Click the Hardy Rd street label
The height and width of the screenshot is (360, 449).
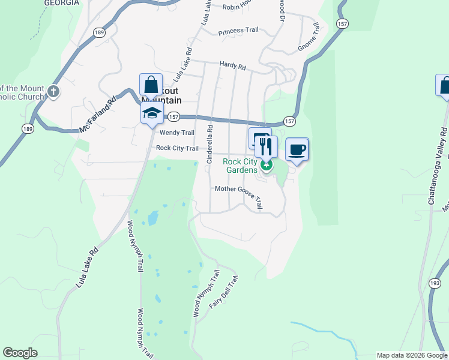click(233, 67)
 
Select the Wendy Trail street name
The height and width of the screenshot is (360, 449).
click(176, 133)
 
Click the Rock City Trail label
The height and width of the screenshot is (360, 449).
click(177, 148)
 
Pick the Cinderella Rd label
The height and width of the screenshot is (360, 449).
click(209, 144)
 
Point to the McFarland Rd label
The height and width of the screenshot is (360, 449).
click(97, 116)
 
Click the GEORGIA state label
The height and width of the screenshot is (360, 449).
click(62, 3)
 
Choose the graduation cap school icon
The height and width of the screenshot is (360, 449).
click(152, 112)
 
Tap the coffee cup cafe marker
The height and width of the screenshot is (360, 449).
click(297, 149)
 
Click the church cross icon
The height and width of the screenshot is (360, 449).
click(53, 92)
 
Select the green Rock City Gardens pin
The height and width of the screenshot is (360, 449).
click(265, 163)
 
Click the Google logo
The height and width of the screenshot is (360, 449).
click(20, 353)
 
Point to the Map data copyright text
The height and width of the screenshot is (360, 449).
click(412, 355)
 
